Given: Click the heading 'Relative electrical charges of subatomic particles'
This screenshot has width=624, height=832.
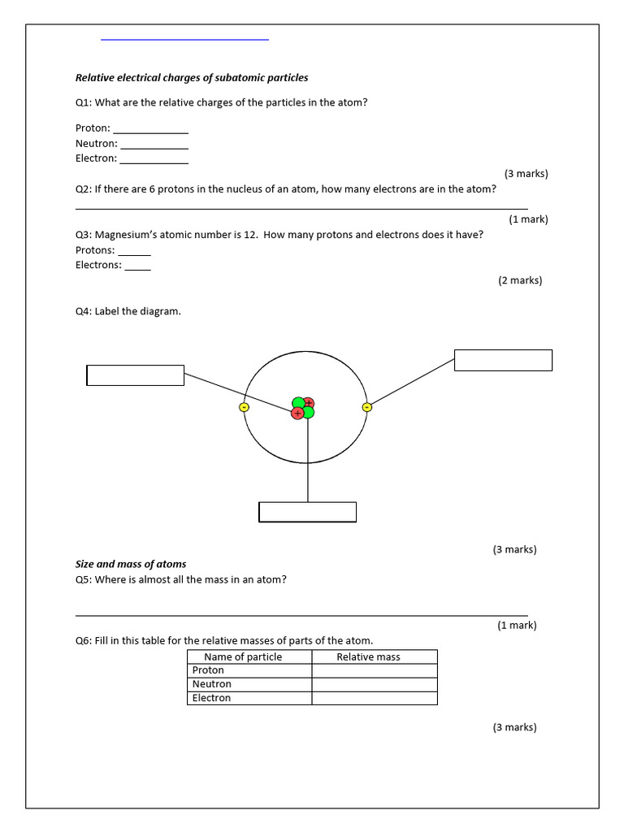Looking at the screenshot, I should click(192, 78).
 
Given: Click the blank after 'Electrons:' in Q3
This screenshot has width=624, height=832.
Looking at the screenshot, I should click(137, 266).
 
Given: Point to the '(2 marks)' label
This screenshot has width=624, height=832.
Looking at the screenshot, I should click(520, 280).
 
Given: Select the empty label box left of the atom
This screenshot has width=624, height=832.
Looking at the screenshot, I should click(136, 375).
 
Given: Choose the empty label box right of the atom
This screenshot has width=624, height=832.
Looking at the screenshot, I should click(503, 360).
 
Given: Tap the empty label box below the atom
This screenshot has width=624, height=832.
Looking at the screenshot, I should click(307, 512).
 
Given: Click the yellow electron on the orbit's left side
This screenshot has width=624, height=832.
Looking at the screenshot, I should click(244, 407).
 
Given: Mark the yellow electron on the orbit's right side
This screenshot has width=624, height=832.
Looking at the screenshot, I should click(366, 407).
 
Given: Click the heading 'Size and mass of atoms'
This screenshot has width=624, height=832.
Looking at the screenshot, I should click(131, 564).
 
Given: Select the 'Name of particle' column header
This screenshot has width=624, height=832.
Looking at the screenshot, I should click(243, 656).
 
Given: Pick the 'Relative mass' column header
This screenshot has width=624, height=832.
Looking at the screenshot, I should click(368, 656).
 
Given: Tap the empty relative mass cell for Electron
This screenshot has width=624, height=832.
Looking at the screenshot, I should click(375, 698).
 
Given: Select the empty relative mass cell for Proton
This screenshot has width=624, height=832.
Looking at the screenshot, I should click(375, 670).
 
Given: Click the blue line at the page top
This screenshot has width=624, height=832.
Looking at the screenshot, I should click(184, 39).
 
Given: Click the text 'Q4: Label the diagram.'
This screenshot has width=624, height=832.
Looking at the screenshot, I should click(128, 311).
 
